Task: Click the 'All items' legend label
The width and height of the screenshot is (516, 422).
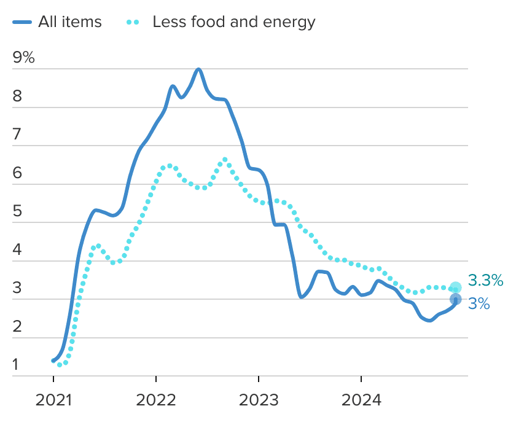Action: click(x=69, y=22)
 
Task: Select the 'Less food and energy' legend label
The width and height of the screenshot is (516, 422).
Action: click(x=233, y=22)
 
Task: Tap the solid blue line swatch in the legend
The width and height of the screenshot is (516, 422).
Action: click(x=21, y=23)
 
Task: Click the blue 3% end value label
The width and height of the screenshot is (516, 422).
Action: click(x=479, y=303)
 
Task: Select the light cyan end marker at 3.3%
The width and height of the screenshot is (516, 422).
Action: click(x=455, y=287)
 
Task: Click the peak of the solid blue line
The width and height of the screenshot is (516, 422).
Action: click(x=198, y=69)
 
